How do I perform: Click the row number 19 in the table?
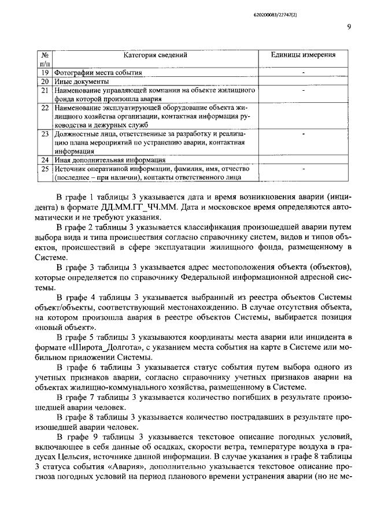click(45, 73)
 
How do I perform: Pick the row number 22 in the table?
click(45, 108)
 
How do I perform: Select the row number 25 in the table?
click(45, 169)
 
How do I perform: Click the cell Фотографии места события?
click(98, 73)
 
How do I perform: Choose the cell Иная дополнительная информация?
click(110, 160)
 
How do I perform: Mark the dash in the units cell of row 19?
click(304, 73)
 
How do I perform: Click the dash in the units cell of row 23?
click(304, 133)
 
